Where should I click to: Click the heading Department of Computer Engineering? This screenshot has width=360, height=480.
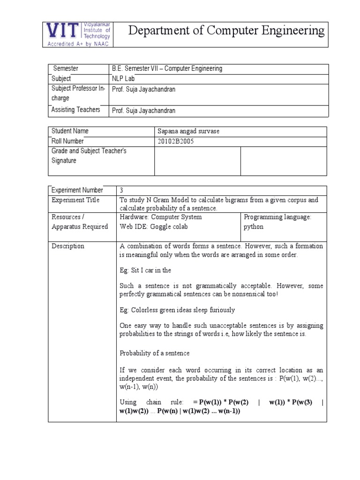[x=226, y=31]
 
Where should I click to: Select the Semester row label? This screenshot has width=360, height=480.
[x=66, y=69]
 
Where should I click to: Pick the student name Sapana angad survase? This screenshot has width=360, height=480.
[x=189, y=131]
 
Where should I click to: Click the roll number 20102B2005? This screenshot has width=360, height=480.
[x=178, y=141]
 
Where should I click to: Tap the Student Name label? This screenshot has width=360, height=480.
[x=70, y=131]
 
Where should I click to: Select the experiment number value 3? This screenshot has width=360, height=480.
[x=122, y=190]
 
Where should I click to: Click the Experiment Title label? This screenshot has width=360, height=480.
[x=75, y=200]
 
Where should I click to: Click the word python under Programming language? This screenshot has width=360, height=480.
[x=254, y=227]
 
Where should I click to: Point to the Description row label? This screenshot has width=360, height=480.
[x=68, y=246]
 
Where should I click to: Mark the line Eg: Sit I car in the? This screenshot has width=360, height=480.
[x=145, y=270]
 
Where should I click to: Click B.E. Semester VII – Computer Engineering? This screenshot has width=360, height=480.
[x=166, y=69]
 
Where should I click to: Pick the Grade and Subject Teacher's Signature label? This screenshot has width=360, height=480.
[x=89, y=156]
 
